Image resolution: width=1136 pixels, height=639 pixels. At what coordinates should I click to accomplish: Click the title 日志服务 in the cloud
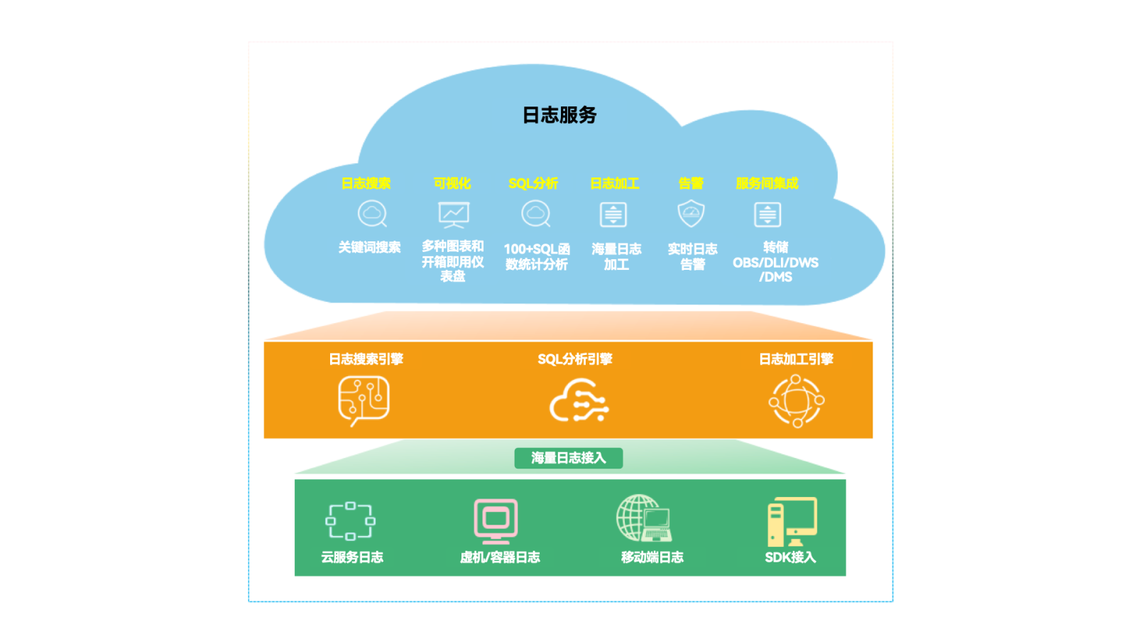pyautogui.click(x=559, y=115)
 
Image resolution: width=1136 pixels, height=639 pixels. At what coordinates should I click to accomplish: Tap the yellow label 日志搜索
pyautogui.click(x=366, y=183)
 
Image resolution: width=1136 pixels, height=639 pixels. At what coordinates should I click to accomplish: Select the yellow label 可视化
pyautogui.click(x=452, y=183)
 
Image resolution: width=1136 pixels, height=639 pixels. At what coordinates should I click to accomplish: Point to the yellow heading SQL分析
pyautogui.click(x=533, y=183)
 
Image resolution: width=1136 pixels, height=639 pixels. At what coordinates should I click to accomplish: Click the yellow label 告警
pyautogui.click(x=691, y=183)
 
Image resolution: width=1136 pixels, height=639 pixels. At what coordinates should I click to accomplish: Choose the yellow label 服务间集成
pyautogui.click(x=767, y=183)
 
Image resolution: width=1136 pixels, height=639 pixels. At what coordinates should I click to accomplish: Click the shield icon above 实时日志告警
pyautogui.click(x=691, y=213)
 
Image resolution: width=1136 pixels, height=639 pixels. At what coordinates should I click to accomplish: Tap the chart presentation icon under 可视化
pyautogui.click(x=453, y=214)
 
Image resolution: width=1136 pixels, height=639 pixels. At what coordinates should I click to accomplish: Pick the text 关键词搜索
pyautogui.click(x=369, y=247)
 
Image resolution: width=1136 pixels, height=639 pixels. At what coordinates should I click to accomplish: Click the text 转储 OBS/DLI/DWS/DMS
pyautogui.click(x=775, y=262)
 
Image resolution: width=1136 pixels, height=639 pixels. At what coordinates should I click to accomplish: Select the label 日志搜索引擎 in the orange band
pyautogui.click(x=366, y=359)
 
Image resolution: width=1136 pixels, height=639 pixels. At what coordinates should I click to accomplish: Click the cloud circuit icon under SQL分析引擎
pyautogui.click(x=579, y=401)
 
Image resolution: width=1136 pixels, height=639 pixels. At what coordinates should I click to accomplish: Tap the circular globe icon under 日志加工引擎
pyautogui.click(x=796, y=401)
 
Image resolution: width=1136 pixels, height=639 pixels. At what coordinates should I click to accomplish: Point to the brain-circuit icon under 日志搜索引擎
pyautogui.click(x=364, y=400)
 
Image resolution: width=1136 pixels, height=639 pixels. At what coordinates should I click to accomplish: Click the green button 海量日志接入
pyautogui.click(x=568, y=458)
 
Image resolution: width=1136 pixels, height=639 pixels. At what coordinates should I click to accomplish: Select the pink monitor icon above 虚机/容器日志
pyautogui.click(x=496, y=521)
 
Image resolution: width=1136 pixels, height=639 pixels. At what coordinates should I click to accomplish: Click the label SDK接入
pyautogui.click(x=790, y=557)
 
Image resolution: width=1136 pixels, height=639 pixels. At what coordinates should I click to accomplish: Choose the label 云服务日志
pyautogui.click(x=352, y=557)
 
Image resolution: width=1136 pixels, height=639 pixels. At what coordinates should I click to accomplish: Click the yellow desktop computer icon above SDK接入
pyautogui.click(x=792, y=521)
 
